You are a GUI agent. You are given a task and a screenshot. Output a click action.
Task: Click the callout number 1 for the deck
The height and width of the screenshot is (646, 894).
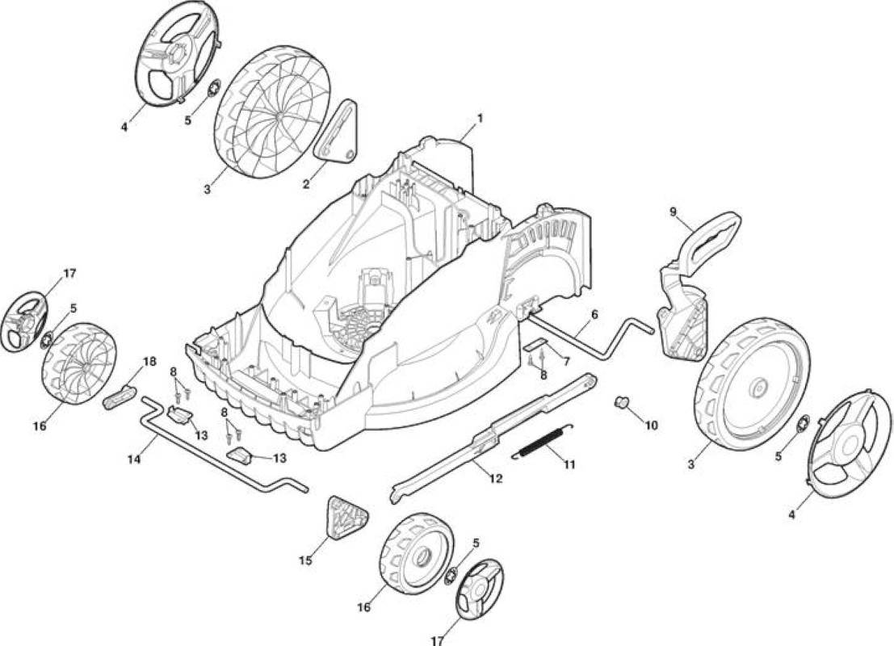[x=480, y=118]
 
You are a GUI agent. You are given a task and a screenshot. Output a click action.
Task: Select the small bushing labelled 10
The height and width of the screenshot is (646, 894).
[x=622, y=403]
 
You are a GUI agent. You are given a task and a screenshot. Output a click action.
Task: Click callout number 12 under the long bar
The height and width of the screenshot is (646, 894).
[x=496, y=478]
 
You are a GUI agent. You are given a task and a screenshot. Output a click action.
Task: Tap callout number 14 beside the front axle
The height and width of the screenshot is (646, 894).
[x=133, y=459]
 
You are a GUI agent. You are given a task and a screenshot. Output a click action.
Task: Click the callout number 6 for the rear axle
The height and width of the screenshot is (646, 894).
[x=594, y=314]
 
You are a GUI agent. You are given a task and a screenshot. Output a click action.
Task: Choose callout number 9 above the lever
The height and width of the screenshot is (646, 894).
[x=673, y=212]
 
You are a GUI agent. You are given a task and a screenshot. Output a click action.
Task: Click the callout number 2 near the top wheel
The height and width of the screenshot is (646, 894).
[x=306, y=184]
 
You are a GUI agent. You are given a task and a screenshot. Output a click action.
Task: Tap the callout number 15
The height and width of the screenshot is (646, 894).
[x=305, y=560]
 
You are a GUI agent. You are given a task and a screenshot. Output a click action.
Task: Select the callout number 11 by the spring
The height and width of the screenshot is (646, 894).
[x=569, y=464]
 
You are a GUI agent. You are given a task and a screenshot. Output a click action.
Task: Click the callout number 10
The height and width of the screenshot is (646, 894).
[x=651, y=426]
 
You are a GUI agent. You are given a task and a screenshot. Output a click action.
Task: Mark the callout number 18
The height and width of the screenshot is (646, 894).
[x=149, y=362]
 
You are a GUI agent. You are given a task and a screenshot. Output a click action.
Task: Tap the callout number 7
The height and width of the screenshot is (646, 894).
[x=566, y=362]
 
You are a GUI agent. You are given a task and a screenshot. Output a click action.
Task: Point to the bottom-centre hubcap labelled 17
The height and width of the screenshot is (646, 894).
[x=480, y=588]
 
